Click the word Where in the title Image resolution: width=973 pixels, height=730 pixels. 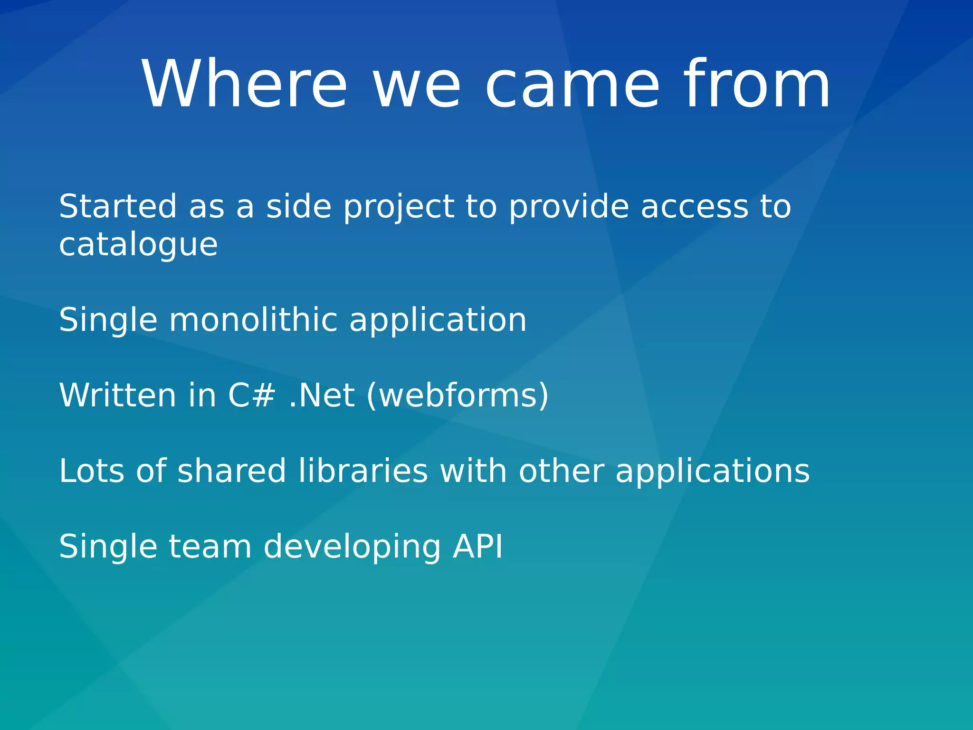[245, 85]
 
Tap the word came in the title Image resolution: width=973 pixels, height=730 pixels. [572, 85]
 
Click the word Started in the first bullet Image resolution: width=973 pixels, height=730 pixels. [117, 207]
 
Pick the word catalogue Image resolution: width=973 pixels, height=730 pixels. [138, 246]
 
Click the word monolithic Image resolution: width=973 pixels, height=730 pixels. [253, 320]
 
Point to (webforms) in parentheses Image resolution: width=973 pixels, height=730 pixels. [458, 396]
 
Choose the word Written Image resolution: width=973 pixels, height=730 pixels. [117, 395]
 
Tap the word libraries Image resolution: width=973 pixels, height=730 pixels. [363, 471]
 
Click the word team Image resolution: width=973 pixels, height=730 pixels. [210, 547]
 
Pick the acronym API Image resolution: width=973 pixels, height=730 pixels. [477, 547]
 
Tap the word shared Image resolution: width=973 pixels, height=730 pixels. [231, 471]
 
